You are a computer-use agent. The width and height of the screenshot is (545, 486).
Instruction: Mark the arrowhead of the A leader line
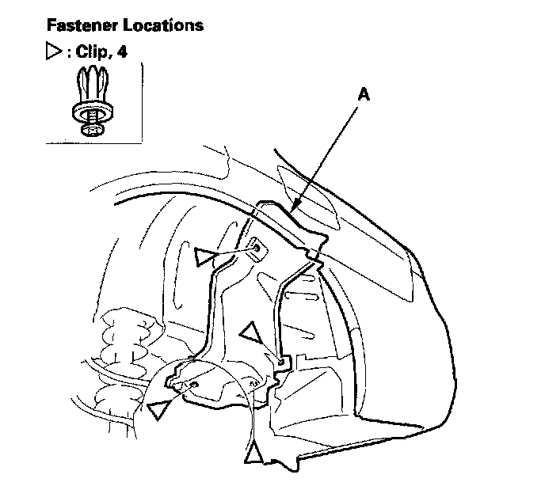pos(292,210)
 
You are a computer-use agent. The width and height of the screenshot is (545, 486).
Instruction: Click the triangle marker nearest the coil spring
pos(158,408)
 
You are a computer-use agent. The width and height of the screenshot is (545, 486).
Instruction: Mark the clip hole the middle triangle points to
pos(281,361)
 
